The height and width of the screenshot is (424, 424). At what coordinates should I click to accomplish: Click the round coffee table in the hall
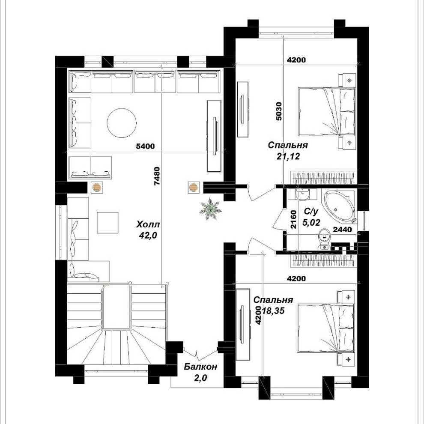click(x=122, y=123)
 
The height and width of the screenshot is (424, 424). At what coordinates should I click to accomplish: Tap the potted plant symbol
click(x=210, y=209)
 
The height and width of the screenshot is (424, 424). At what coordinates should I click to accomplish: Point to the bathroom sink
click(x=302, y=194)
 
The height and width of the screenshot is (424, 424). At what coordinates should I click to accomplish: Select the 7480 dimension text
click(x=157, y=176)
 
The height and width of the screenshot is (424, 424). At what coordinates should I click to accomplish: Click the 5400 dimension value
click(x=145, y=146)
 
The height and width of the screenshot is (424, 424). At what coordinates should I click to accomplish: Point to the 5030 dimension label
click(x=279, y=111)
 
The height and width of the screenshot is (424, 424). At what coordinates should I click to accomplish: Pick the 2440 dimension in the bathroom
click(x=342, y=230)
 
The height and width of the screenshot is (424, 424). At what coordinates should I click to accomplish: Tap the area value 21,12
click(x=288, y=156)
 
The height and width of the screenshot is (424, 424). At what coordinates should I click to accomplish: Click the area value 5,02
click(x=311, y=222)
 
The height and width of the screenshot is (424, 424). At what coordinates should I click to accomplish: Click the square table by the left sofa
click(x=107, y=223)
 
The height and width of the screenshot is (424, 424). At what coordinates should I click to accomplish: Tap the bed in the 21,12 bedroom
click(x=326, y=111)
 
